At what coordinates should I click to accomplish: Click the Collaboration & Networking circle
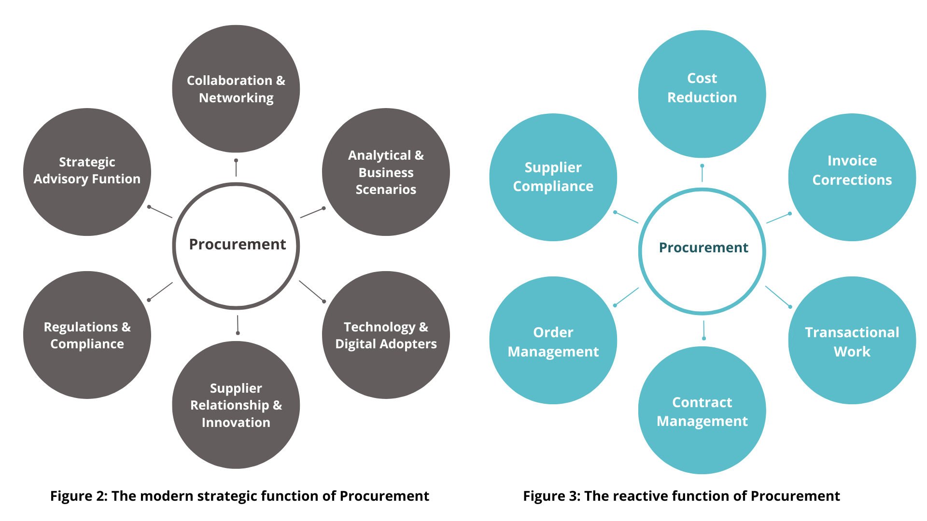pyautogui.click(x=236, y=89)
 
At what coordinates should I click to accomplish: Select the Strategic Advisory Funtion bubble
pyautogui.click(x=87, y=172)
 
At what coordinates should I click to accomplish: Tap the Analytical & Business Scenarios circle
pyautogui.click(x=386, y=172)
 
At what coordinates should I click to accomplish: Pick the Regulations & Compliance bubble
pyautogui.click(x=87, y=335)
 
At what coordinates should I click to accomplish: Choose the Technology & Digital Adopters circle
pyautogui.click(x=386, y=335)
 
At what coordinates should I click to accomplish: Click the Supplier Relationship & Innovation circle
pyautogui.click(x=236, y=405)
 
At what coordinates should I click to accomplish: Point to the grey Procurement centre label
pyautogui.click(x=237, y=245)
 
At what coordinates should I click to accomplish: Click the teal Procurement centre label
pyautogui.click(x=703, y=247)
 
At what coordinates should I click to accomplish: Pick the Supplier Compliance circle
pyautogui.click(x=553, y=177)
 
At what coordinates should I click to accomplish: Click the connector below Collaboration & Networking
pyautogui.click(x=236, y=168)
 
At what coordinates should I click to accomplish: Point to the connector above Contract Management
pyautogui.click(x=703, y=330)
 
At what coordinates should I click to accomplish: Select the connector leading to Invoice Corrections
pyautogui.click(x=778, y=218)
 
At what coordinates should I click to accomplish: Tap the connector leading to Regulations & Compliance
pyautogui.click(x=160, y=291)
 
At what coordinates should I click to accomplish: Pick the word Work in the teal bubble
pyautogui.click(x=852, y=352)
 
